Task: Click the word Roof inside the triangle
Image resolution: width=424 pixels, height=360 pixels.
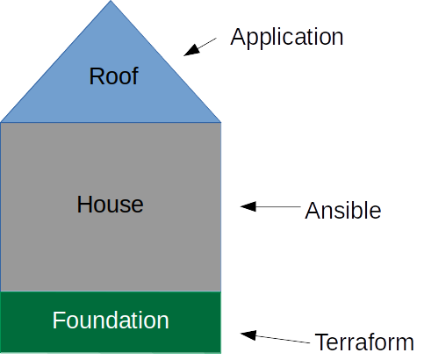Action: pyautogui.click(x=113, y=76)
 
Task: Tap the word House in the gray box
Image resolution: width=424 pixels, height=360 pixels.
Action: pyautogui.click(x=110, y=204)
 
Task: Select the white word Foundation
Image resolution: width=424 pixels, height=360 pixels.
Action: pyautogui.click(x=111, y=320)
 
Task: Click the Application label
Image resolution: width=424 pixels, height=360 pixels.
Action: pyautogui.click(x=286, y=38)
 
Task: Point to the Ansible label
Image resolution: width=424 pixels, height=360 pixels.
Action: pyautogui.click(x=343, y=210)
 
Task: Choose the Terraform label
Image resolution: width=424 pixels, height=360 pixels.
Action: pyautogui.click(x=364, y=342)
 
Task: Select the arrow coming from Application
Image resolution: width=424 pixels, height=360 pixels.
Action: pyautogui.click(x=200, y=47)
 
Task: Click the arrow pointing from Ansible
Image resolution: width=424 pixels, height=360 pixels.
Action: pyautogui.click(x=270, y=206)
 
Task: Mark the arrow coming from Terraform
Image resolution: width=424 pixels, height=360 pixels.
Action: pyautogui.click(x=275, y=337)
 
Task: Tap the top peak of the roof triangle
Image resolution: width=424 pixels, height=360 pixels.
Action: pyautogui.click(x=111, y=1)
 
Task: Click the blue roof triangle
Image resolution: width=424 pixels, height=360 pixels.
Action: pyautogui.click(x=111, y=82)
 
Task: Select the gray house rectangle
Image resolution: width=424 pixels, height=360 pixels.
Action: pyautogui.click(x=111, y=207)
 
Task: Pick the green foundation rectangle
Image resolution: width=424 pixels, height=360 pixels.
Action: pyautogui.click(x=111, y=322)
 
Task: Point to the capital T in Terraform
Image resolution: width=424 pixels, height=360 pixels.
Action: pyautogui.click(x=321, y=342)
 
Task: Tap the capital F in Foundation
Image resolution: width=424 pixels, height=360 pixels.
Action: pyautogui.click(x=58, y=320)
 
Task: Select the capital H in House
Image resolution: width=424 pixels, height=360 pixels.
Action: pyautogui.click(x=84, y=204)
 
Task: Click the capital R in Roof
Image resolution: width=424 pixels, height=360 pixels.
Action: pyautogui.click(x=97, y=76)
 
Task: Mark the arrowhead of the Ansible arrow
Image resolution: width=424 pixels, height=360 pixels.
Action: pyautogui.click(x=248, y=206)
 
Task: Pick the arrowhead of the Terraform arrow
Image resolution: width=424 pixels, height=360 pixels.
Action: pyautogui.click(x=248, y=335)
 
